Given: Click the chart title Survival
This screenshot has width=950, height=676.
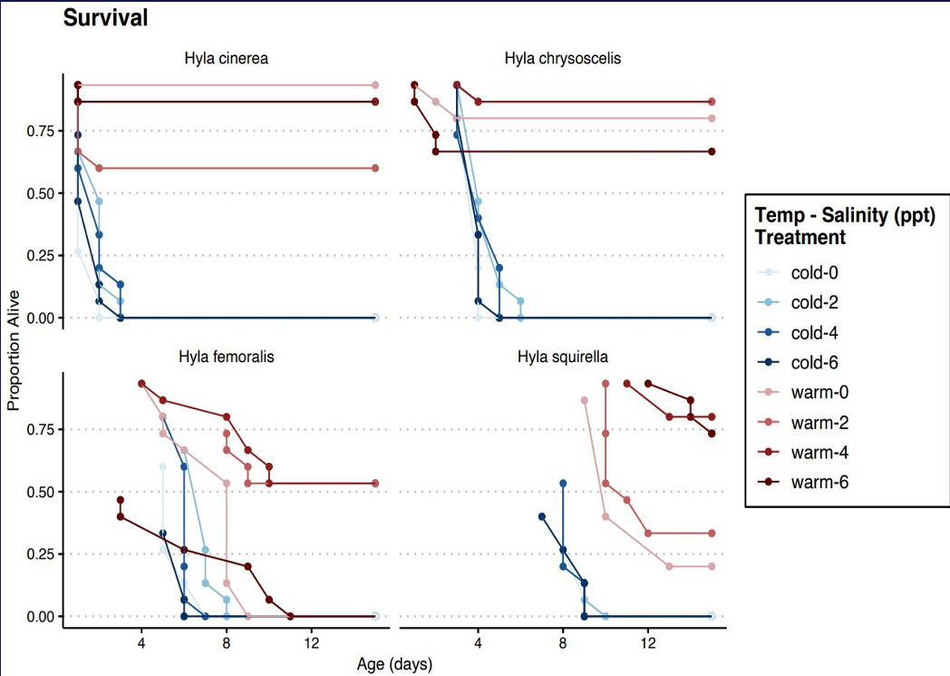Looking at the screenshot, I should click(x=105, y=18).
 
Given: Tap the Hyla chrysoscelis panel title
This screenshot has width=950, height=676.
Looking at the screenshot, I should click(x=562, y=59).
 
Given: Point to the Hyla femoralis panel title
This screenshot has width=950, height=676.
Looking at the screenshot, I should click(x=226, y=357).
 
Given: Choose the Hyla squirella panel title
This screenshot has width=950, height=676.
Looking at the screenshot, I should click(x=562, y=357).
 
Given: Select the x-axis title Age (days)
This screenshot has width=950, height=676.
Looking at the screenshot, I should click(x=396, y=664).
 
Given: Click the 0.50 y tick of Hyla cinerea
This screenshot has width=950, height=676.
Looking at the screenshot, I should click(x=40, y=194).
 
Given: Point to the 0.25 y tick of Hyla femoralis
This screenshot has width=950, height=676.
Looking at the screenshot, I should click(x=40, y=554).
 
